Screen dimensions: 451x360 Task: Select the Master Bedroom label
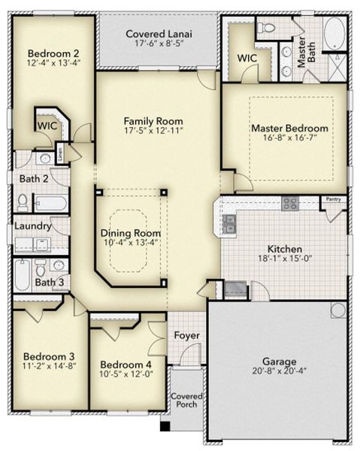click(289, 129)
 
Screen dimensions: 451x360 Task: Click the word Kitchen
click(286, 249)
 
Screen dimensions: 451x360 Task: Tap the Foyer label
click(186, 335)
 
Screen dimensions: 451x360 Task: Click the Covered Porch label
click(186, 400)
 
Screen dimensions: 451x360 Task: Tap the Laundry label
click(32, 225)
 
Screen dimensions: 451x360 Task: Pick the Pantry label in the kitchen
click(332, 200)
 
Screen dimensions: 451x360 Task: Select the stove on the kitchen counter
click(289, 203)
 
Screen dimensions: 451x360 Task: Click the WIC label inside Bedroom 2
click(47, 125)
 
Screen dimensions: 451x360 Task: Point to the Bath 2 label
click(33, 179)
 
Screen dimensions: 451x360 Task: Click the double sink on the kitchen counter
click(229, 221)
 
